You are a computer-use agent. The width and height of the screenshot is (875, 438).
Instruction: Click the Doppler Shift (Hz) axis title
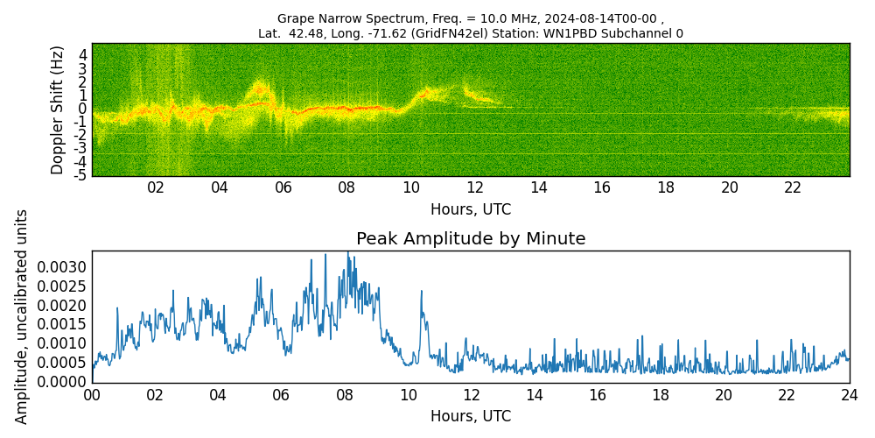pos(58,109)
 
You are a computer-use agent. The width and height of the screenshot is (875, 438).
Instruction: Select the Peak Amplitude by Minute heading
pos(471,239)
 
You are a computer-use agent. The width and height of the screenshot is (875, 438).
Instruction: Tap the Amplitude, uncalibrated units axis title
pos(22,316)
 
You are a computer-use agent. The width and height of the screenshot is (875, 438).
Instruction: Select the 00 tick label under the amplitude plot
pos(92,395)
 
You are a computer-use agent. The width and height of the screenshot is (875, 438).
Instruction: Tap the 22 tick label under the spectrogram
pos(793,187)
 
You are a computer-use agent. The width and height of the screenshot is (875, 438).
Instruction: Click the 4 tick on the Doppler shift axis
pos(82,54)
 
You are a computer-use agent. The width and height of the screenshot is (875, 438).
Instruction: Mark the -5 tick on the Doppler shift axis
pos(80,175)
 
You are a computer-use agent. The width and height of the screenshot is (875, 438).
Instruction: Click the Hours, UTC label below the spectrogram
pos(471,209)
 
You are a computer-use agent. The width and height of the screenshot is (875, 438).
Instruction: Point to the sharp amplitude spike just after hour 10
pos(421,292)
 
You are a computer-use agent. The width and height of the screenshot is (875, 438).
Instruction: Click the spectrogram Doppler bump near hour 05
pos(259,88)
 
